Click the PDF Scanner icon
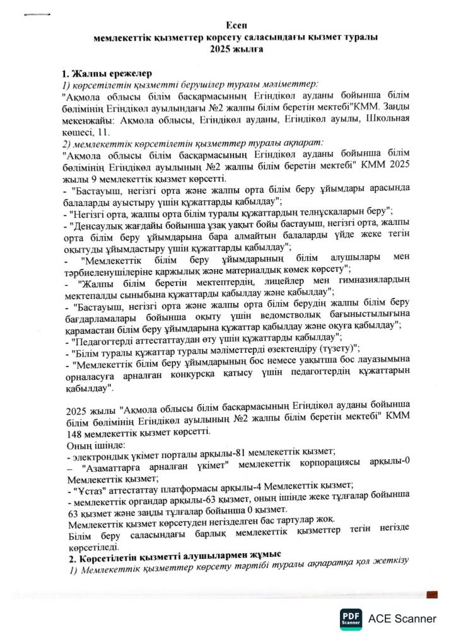point(351,618)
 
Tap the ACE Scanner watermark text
point(402,619)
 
